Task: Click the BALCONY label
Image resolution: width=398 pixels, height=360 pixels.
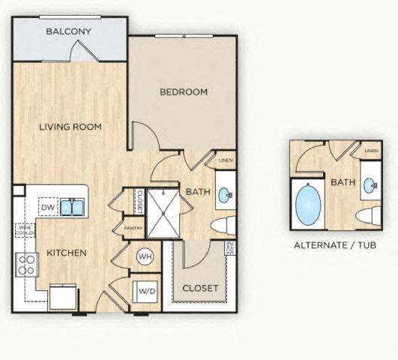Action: click(68, 31)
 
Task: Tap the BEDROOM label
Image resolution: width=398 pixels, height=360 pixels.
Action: click(184, 92)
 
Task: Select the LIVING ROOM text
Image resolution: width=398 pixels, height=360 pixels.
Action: click(70, 127)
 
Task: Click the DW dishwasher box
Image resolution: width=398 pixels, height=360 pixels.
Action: click(46, 206)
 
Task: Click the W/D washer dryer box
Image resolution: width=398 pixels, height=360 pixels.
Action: click(145, 290)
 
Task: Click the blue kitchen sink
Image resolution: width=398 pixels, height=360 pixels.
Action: click(73, 206)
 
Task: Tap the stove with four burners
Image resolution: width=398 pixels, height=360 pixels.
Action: click(27, 265)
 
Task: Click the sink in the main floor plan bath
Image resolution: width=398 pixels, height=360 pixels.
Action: click(225, 196)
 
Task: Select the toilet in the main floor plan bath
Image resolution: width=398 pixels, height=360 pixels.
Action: click(223, 226)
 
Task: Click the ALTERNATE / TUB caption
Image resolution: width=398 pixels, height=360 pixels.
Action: click(334, 245)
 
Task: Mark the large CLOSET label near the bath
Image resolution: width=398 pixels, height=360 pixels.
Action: click(200, 288)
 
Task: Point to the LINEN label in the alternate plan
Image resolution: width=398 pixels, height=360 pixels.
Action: click(370, 151)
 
